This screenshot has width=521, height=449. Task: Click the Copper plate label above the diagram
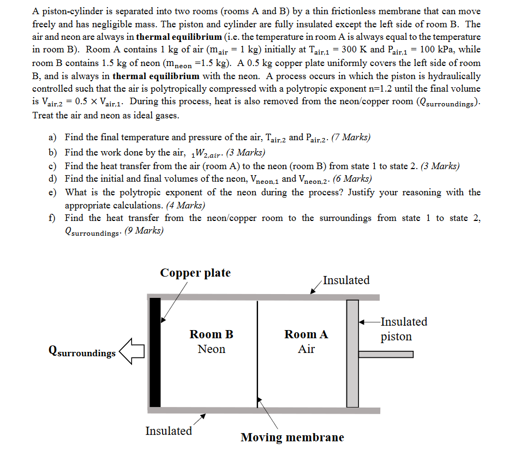tap(195, 273)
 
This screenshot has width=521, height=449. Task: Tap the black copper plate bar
tap(155, 352)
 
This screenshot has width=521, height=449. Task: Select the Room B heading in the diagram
tap(211, 334)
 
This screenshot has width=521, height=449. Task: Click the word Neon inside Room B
tap(211, 349)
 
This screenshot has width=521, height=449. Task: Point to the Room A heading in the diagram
tap(306, 334)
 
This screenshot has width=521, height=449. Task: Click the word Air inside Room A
tap(306, 349)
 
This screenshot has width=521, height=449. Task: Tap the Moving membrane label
tap(292, 437)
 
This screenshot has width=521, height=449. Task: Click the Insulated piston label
tap(404, 329)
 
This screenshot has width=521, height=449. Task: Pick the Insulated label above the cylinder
tap(346, 280)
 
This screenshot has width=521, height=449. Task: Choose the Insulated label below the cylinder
tap(169, 430)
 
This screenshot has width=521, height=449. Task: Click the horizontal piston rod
tap(386, 355)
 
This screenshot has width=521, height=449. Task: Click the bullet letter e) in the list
tap(53, 192)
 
